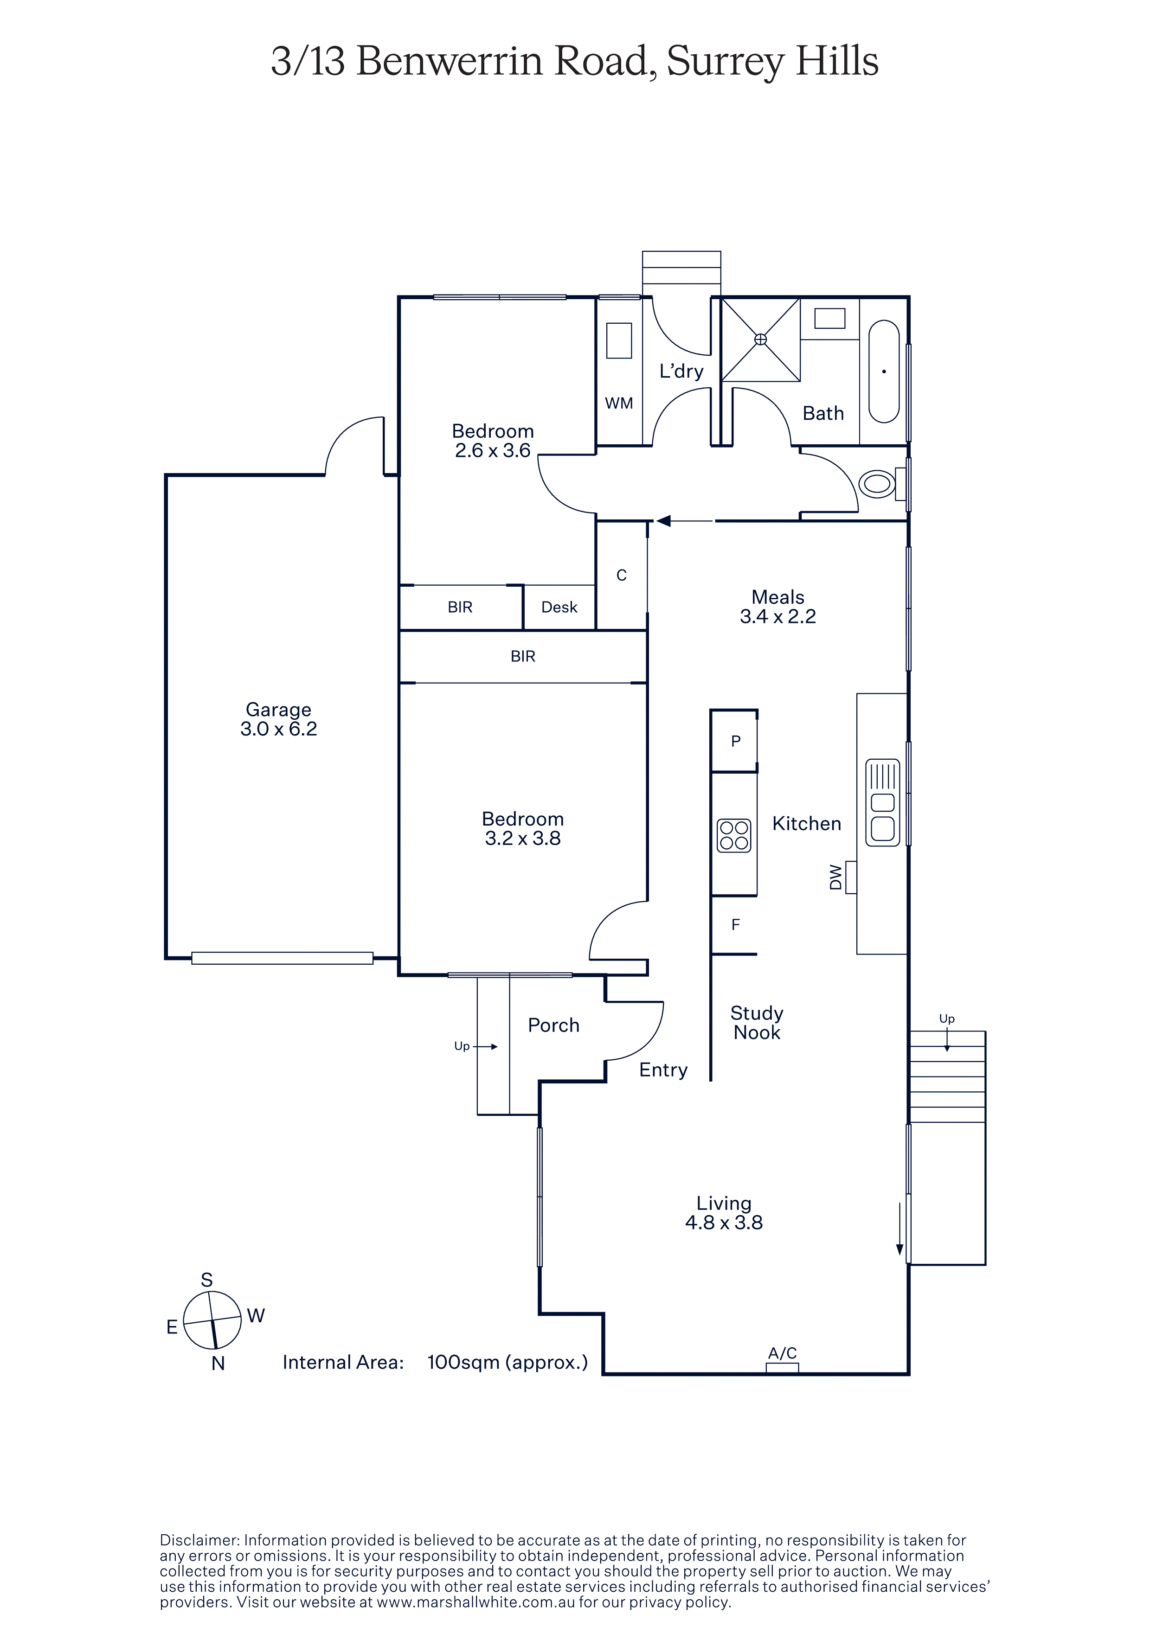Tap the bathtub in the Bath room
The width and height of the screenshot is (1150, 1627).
point(884,372)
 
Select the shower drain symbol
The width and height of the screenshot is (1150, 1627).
point(760,339)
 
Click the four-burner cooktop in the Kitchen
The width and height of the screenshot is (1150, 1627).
point(733,835)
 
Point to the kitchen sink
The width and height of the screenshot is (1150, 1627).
point(882,802)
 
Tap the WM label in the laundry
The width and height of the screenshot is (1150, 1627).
point(618,403)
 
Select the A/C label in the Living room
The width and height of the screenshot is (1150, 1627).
point(782,1353)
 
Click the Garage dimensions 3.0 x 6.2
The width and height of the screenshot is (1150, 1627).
point(278,729)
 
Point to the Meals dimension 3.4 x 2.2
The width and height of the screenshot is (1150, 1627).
point(778,616)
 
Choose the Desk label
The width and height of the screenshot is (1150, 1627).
point(559,607)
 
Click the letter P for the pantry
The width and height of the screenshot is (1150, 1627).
point(735,741)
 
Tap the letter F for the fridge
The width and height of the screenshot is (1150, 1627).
point(735,924)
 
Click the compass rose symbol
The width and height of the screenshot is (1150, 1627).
point(212,1320)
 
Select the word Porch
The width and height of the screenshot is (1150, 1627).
point(553,1025)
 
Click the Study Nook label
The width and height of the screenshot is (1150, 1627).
point(757,1023)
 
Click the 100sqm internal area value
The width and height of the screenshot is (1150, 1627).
point(508,1362)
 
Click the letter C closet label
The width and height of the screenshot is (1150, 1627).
point(622,576)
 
